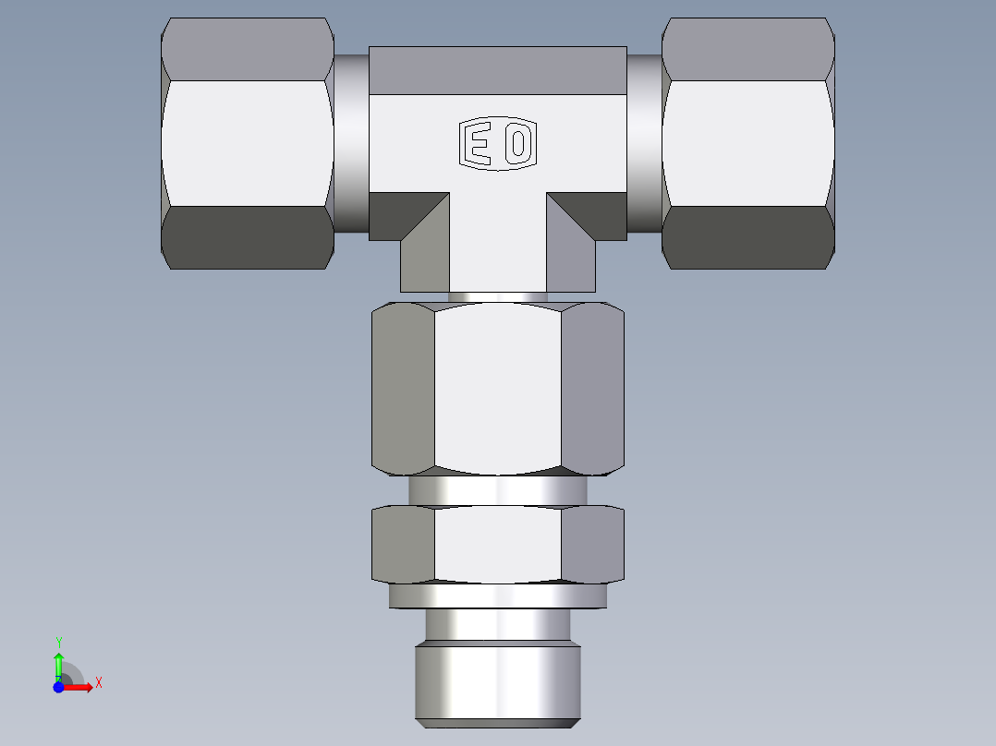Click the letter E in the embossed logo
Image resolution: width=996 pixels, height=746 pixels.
click(477, 144)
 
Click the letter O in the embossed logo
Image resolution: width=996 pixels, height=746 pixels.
click(518, 144)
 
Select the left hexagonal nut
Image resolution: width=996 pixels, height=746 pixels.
click(247, 143)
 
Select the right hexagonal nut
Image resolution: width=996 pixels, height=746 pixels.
click(747, 143)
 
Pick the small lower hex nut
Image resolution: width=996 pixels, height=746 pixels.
click(497, 545)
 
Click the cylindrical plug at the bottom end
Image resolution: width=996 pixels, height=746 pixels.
click(497, 683)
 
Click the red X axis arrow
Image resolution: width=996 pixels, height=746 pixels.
click(81, 687)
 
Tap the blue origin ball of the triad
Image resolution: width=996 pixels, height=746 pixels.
click(58, 688)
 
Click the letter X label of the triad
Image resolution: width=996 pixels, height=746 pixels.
click(98, 683)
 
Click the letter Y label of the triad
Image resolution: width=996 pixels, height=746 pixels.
click(58, 642)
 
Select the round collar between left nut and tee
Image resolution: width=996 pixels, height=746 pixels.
click(351, 143)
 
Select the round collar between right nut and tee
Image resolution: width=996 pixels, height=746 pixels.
click(644, 143)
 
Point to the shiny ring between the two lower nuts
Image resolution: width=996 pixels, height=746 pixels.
click(497, 490)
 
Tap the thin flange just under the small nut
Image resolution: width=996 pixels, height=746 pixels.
click(497, 596)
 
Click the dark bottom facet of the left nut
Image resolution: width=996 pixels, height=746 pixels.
click(247, 237)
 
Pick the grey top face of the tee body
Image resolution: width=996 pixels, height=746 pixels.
click(497, 70)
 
